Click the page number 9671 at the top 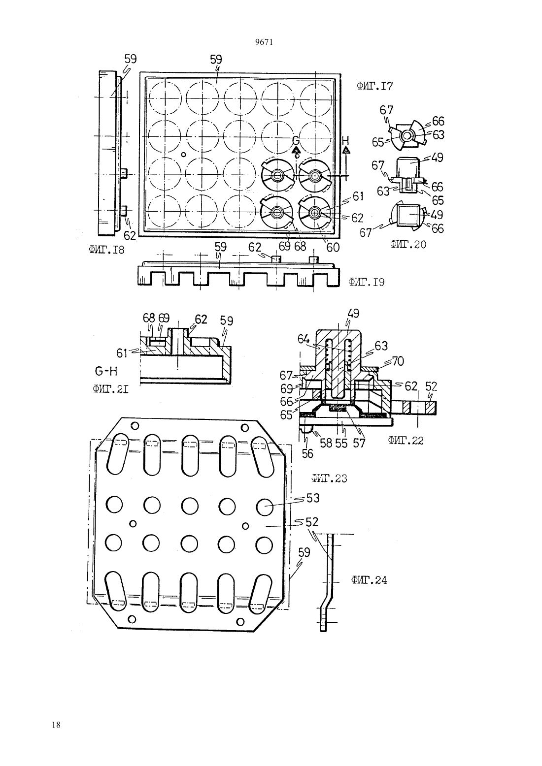(x=264, y=42)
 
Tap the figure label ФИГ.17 (x=374, y=86)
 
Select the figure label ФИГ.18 (x=106, y=250)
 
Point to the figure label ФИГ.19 (x=367, y=282)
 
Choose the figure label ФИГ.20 (x=408, y=244)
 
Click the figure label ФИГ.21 (x=110, y=389)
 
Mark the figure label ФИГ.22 (x=406, y=441)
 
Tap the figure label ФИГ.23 (x=329, y=478)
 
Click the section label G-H (x=106, y=371)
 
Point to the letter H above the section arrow (x=345, y=140)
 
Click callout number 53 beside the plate (x=313, y=498)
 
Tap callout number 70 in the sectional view (x=398, y=361)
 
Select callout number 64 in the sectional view (x=304, y=340)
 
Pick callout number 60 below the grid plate (x=333, y=247)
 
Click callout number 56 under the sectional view (x=307, y=453)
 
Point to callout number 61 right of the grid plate (x=358, y=196)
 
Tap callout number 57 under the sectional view (x=359, y=443)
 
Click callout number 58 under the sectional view (x=326, y=443)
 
